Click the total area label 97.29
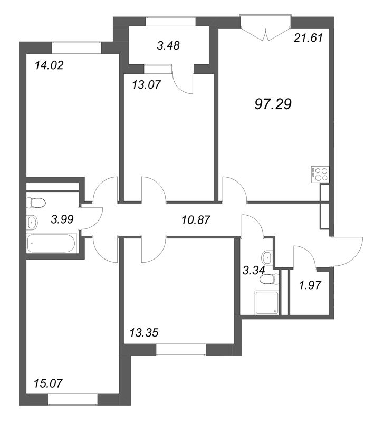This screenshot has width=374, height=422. coord(273,104)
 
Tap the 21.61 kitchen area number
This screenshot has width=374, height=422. coord(309,37)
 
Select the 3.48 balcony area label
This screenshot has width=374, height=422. coord(168,45)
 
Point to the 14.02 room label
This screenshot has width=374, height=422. coord(49,65)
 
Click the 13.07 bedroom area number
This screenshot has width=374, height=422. coord(146,85)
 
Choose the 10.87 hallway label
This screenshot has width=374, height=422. coord(196,220)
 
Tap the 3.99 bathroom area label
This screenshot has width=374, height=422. coord(62,219)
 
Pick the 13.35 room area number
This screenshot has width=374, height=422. coord(144,333)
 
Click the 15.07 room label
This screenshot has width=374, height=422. coord(49,383)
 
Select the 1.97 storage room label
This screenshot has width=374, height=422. coord(310,285)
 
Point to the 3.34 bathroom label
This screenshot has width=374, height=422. coord(254,270)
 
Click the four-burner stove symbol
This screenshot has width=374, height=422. coord(320,175)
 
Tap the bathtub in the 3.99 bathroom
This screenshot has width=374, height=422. coord(51,243)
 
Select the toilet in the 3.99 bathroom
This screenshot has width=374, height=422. coord(36,203)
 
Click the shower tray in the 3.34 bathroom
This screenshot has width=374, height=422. coord(266,302)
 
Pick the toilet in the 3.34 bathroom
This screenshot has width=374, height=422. coord(270,279)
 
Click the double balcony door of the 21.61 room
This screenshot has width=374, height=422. coord(265,29)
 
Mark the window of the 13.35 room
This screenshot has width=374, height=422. coord(181,350)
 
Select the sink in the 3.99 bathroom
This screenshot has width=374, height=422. coord(32,222)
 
